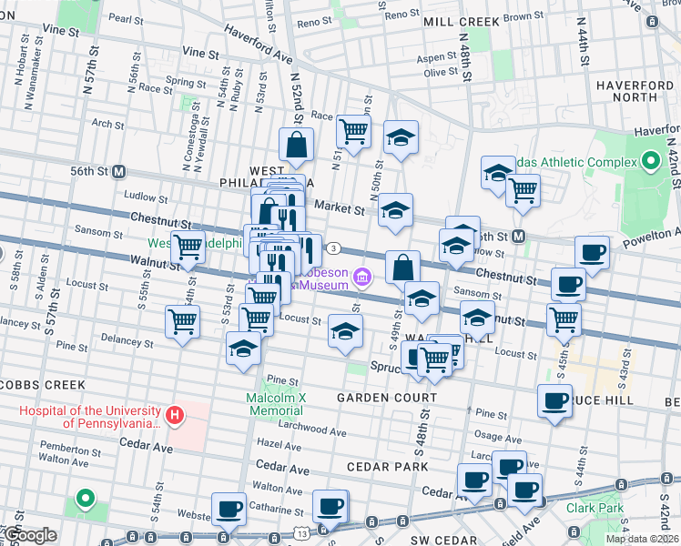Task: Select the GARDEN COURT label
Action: click(x=375, y=398)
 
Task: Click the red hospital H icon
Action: click(x=174, y=417)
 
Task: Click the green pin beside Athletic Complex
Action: click(x=650, y=162)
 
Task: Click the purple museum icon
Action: click(x=362, y=277)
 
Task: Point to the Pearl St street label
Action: click(x=121, y=17)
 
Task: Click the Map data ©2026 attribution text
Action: click(x=640, y=539)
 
